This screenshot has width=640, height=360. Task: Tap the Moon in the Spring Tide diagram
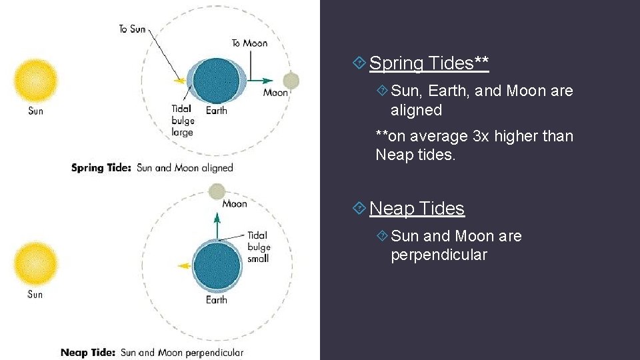pyautogui.click(x=291, y=81)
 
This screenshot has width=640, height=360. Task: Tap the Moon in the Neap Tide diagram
pyautogui.click(x=217, y=192)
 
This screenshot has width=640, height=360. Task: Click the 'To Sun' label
pyautogui.click(x=132, y=29)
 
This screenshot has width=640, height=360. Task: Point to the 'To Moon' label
pyautogui.click(x=249, y=43)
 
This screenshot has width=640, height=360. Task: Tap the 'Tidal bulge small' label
pyautogui.click(x=258, y=246)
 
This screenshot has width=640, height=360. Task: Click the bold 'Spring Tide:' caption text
pyautogui.click(x=101, y=168)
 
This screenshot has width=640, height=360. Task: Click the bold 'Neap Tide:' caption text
pyautogui.click(x=88, y=353)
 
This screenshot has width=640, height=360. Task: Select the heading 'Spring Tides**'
pyautogui.click(x=429, y=63)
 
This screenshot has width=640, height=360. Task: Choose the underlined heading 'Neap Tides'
pyautogui.click(x=417, y=209)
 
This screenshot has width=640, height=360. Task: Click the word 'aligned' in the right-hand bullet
pyautogui.click(x=416, y=110)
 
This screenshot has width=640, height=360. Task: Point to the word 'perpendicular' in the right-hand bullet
pyautogui.click(x=439, y=255)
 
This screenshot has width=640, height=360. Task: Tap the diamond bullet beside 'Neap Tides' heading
pyautogui.click(x=359, y=209)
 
